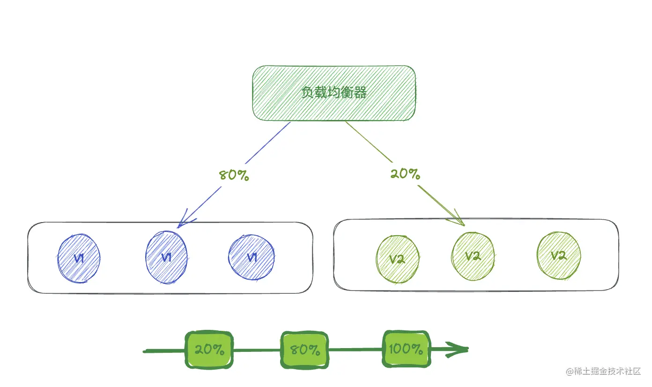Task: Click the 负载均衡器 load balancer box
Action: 334,93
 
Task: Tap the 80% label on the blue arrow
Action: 234,176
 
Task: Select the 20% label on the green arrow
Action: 405,174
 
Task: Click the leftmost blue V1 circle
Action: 79,258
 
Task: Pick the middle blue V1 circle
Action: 166,258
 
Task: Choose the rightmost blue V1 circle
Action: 252,257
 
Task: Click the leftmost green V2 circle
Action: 397,259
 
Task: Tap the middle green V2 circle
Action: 473,256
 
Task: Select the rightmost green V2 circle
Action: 558,256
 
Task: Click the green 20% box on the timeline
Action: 209,350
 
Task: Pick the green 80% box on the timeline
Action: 304,350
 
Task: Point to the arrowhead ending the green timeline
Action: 459,349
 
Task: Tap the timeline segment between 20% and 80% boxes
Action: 257,350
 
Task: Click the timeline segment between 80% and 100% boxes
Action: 356,350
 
